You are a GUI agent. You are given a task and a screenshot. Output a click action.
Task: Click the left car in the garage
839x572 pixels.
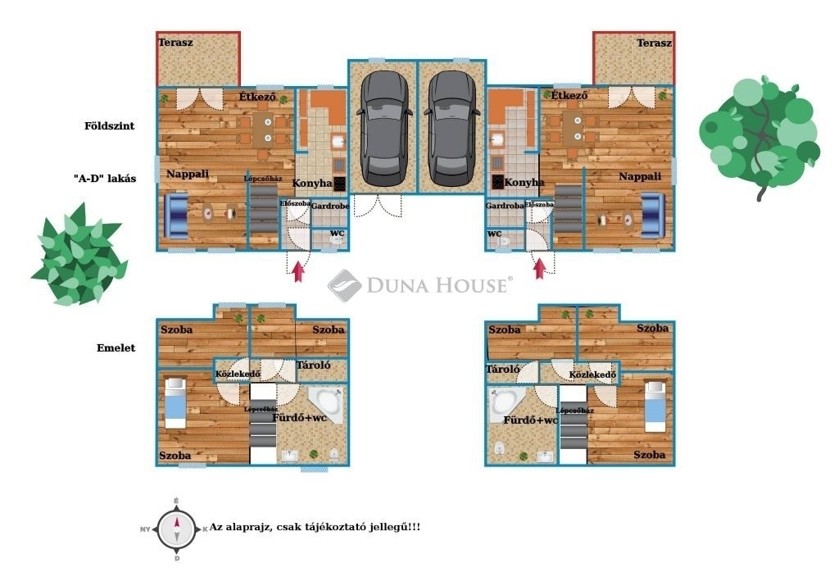point(385,129)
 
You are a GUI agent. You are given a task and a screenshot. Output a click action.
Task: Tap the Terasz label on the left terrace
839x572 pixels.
point(175,43)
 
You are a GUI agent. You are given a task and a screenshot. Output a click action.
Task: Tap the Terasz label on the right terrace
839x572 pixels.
point(654,43)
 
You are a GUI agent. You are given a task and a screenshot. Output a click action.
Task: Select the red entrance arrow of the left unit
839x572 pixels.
point(298,270)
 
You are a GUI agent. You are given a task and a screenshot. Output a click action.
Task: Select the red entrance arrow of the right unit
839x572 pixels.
point(540,268)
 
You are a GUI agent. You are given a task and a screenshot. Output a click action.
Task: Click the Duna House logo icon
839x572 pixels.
point(345,286)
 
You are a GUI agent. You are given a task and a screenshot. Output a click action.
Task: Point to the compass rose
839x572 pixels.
point(177,529)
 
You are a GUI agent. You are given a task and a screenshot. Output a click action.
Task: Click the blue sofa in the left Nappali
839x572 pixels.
point(176,216)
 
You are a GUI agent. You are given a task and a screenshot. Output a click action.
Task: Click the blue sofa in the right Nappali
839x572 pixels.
point(653,216)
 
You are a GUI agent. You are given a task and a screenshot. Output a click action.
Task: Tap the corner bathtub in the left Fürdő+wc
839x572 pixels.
point(326,405)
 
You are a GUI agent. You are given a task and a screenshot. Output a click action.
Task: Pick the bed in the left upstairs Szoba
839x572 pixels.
point(175,403)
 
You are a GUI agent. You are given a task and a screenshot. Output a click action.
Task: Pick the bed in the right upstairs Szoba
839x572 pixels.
point(655,406)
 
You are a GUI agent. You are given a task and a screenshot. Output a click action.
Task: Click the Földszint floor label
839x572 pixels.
point(110,126)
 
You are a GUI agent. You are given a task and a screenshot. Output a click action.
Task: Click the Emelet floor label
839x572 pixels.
point(116,347)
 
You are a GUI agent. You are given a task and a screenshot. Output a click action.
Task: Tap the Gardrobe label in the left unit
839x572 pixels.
point(330,206)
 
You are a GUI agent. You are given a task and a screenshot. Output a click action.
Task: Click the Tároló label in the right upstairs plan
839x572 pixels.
point(503,370)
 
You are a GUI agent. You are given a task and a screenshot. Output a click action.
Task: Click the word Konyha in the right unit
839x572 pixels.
point(524,183)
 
